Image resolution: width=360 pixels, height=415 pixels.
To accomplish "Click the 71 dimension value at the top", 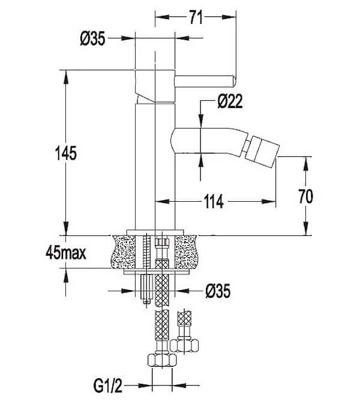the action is (x=196, y=17).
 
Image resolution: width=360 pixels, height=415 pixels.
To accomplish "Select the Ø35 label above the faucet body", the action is (x=92, y=38).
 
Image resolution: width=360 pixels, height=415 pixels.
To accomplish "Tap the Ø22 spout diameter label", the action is (x=230, y=101).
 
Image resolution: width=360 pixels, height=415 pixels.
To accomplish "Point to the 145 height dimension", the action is (x=66, y=153).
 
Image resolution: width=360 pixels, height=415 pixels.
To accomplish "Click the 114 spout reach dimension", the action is (x=214, y=202).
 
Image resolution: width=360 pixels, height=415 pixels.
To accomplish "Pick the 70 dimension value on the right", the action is (x=305, y=196).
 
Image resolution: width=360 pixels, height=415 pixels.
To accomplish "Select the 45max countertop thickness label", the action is (x=66, y=253).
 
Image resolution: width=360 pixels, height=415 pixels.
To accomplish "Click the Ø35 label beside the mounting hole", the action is (x=218, y=291).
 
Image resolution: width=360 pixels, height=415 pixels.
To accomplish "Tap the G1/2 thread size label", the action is (x=108, y=386).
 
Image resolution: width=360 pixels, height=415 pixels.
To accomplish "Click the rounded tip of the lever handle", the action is (x=233, y=81).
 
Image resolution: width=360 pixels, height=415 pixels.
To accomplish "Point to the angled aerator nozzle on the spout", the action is (x=262, y=152).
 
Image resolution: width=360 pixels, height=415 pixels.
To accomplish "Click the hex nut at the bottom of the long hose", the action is (x=162, y=360).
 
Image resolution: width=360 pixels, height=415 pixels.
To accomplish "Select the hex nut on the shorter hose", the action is (x=184, y=346).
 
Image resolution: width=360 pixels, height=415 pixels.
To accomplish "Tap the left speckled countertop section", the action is (x=124, y=252).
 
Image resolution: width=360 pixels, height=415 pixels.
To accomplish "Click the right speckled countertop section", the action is (x=186, y=252).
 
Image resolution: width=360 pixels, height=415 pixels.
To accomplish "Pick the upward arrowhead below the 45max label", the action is (x=66, y=275).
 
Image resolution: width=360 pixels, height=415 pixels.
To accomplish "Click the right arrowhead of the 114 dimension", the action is (x=269, y=202).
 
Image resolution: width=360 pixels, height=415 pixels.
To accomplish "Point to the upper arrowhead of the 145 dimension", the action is (x=66, y=77).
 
